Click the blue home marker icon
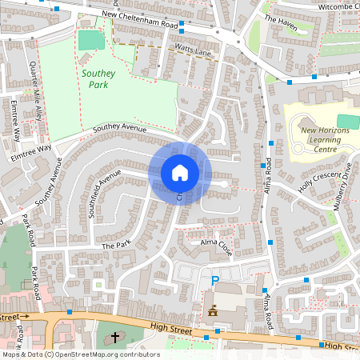(179, 172)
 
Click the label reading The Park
(115, 245)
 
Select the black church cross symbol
(114, 337)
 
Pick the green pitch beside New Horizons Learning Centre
(345, 121)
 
